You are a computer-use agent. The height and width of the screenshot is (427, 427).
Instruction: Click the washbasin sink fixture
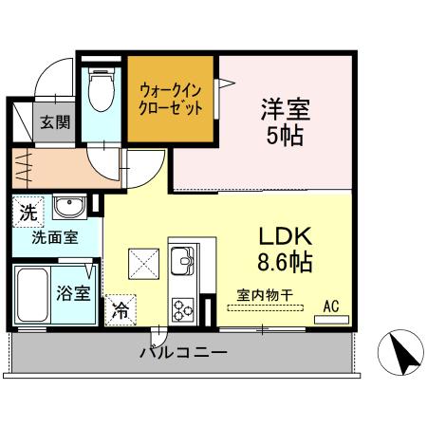[x=65, y=208]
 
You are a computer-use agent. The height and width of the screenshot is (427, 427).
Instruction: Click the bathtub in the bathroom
[x=35, y=291]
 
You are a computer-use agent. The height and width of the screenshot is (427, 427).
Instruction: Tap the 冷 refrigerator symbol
[x=121, y=308]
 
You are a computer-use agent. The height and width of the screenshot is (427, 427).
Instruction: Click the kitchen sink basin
[x=181, y=256]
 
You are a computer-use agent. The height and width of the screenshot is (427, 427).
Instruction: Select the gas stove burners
[x=181, y=307]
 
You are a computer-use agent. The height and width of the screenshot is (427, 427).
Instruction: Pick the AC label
[x=331, y=306]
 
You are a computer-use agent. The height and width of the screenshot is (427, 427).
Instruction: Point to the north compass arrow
[x=402, y=354]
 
